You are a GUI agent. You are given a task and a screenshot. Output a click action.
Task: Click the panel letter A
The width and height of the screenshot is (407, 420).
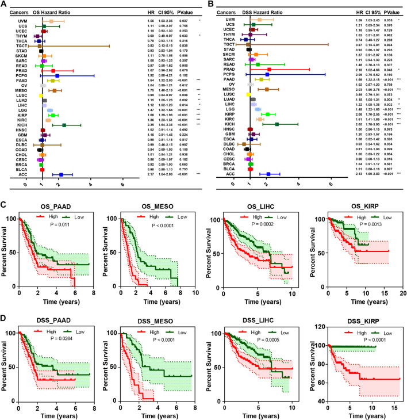[5, 5]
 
